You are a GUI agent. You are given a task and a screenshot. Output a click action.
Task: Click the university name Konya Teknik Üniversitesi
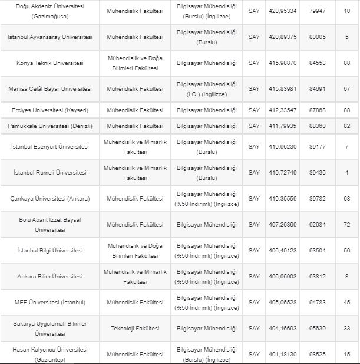click(49, 63)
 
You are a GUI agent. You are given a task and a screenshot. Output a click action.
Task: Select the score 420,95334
click(283, 11)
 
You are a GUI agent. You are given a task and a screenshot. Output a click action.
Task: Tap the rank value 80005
click(317, 37)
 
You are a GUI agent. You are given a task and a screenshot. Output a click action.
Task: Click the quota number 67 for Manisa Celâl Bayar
click(346, 89)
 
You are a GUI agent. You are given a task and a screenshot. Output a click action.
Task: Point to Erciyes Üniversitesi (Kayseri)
click(49, 110)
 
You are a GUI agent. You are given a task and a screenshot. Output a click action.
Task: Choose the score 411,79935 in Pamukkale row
click(283, 126)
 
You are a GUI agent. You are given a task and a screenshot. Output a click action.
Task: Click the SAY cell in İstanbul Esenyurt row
click(254, 147)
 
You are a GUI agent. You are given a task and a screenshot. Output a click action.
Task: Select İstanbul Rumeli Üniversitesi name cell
click(49, 173)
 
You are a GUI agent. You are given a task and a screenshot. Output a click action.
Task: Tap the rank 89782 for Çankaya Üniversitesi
click(317, 199)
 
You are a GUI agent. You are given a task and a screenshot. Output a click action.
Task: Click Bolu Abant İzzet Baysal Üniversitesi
click(49, 225)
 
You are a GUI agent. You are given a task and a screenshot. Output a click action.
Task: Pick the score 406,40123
click(283, 251)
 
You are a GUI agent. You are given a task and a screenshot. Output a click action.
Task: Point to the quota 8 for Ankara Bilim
click(346, 277)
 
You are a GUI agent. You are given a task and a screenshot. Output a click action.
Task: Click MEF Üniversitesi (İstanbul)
click(49, 303)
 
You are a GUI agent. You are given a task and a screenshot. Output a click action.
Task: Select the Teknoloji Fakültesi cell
click(135, 329)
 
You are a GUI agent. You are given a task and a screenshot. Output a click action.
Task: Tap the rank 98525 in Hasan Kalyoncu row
click(317, 355)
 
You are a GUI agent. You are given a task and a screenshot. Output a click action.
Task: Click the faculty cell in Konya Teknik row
click(135, 63)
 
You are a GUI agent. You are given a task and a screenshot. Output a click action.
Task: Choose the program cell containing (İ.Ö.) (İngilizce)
click(207, 89)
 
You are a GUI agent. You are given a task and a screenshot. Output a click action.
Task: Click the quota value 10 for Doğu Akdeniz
click(346, 11)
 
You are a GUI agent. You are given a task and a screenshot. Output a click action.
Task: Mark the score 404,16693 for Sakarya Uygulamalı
click(283, 329)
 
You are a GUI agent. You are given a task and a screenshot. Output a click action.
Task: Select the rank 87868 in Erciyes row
click(317, 110)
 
